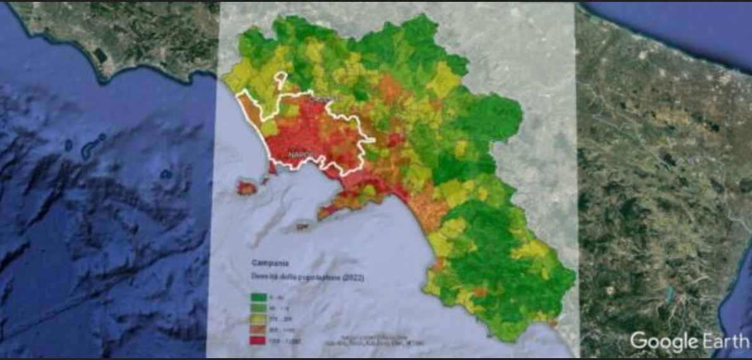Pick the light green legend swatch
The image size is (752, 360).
click(257, 308)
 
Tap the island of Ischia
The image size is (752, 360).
click(246, 188)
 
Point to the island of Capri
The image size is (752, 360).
click(302, 225)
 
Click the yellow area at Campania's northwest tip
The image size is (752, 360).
click(237, 79)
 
